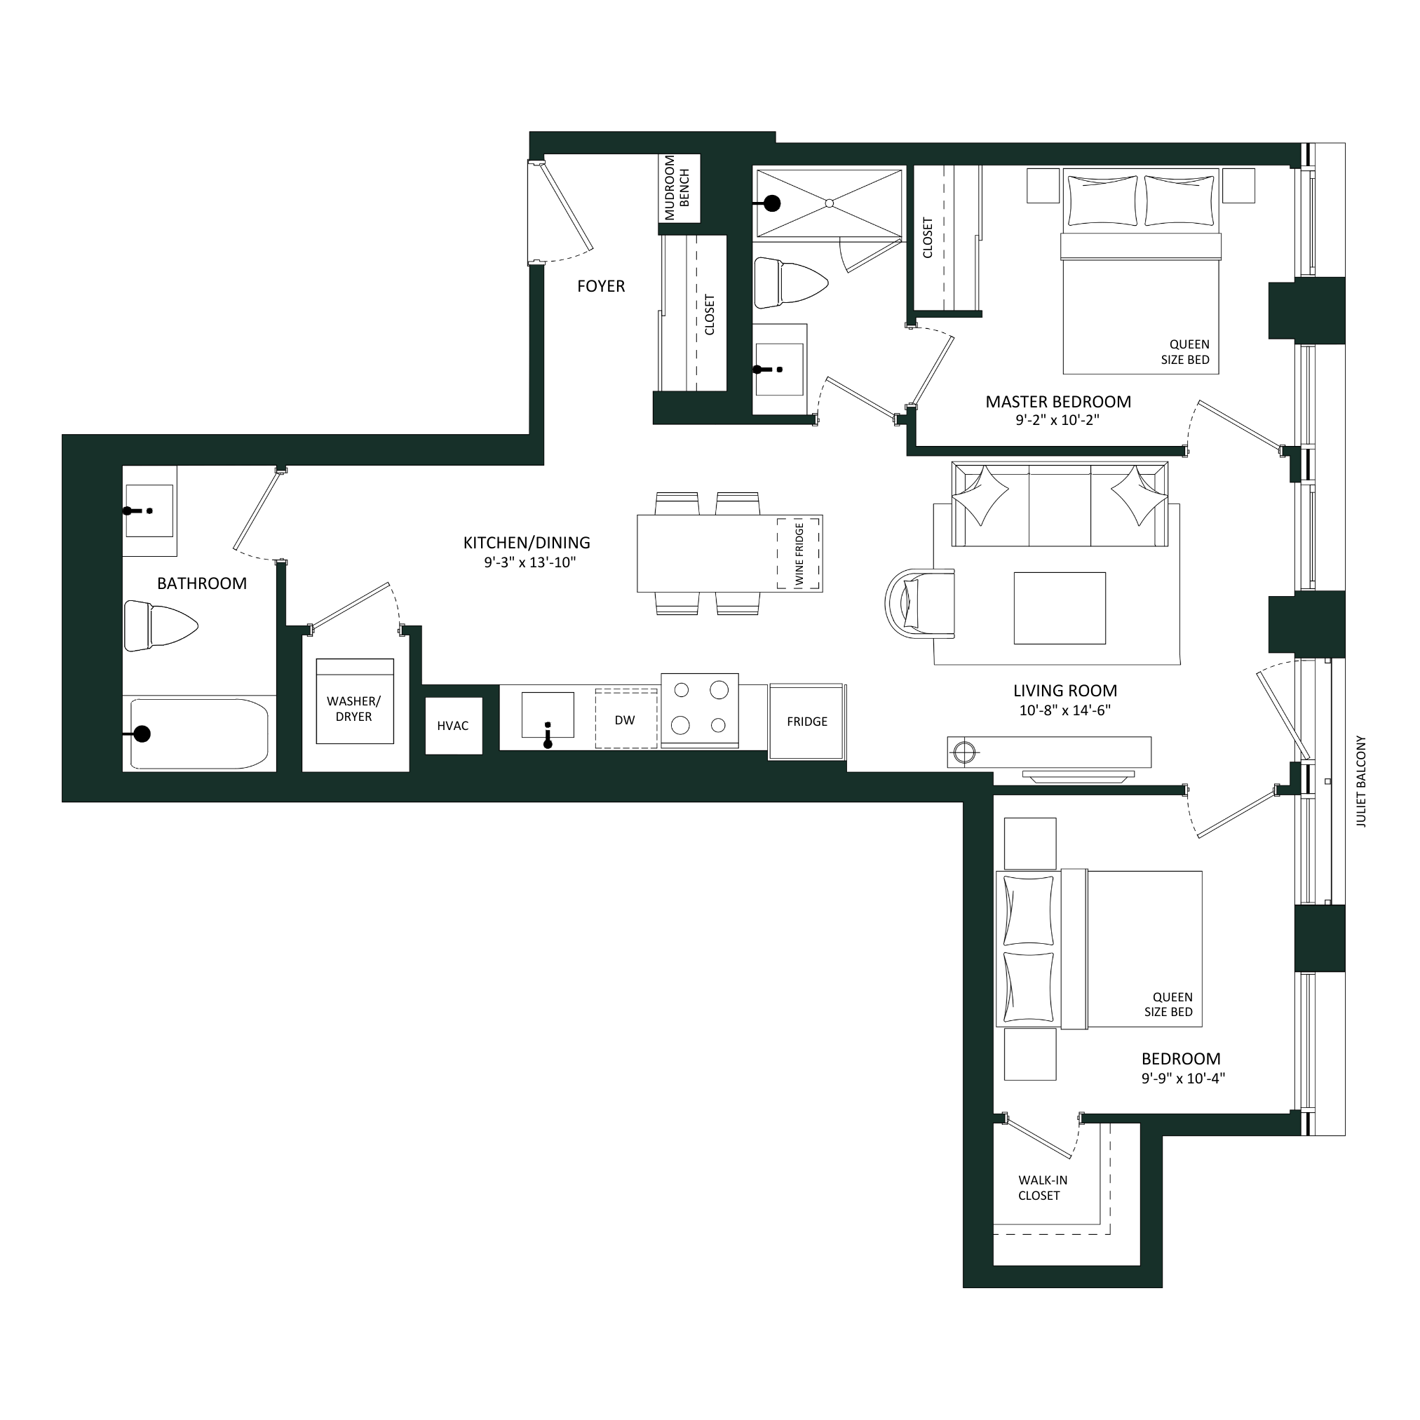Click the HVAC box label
452,726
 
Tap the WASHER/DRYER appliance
354,701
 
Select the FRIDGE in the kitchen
807,721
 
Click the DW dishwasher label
625,720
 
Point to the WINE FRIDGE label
799,555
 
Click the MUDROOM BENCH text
677,187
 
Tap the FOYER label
601,287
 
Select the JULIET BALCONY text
1361,781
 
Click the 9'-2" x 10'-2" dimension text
1057,421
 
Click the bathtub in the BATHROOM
199,733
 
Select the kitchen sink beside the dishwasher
548,715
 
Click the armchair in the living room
920,602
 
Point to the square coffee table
1060,609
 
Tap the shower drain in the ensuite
828,203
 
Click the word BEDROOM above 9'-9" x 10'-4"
1180,1060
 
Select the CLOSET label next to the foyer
709,315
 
